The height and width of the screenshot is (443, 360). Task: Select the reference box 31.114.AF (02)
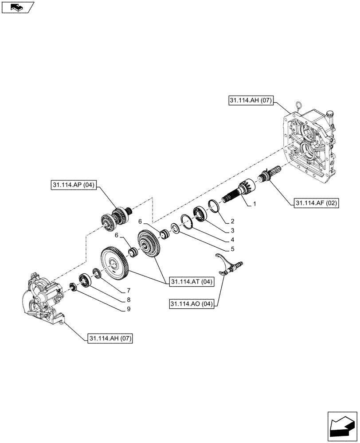coord(316,203)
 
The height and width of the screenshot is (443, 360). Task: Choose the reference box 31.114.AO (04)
coord(192,304)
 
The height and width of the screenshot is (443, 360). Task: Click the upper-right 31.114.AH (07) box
coord(251,101)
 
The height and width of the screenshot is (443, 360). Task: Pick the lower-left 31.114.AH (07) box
coord(110,338)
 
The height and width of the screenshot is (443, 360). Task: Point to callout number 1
coord(255,204)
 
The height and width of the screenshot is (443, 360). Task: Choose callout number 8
coord(128,299)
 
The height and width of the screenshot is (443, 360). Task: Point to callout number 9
coord(128,309)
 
